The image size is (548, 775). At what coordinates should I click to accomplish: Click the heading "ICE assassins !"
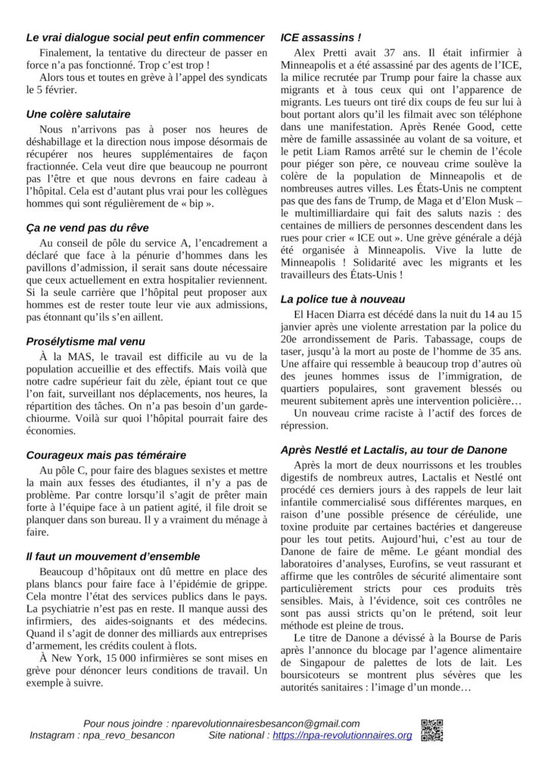tap(320, 36)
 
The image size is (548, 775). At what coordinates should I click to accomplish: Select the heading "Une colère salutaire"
tap(78, 114)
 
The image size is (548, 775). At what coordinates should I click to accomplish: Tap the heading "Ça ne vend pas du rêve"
tap(87, 227)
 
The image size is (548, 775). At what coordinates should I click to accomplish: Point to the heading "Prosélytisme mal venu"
tap(86, 341)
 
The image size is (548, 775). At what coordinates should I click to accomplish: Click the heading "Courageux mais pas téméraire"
tap(106, 455)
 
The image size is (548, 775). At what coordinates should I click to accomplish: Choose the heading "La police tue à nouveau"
tap(342, 299)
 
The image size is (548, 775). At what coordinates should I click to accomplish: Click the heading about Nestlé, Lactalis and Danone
tap(394, 450)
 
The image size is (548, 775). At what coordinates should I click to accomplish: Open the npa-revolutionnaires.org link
tap(342, 736)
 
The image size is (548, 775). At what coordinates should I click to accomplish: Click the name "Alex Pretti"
tap(316, 52)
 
